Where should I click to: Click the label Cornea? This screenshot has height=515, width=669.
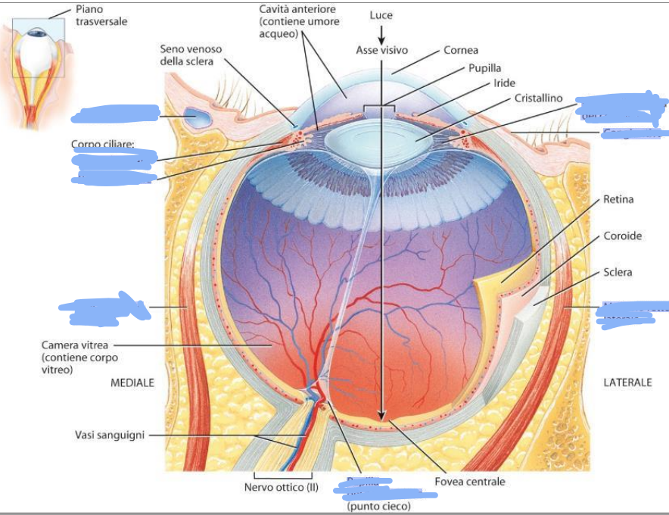tap(461, 51)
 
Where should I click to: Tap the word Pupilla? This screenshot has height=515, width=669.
tap(484, 68)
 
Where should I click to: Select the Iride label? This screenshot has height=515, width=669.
tap(504, 83)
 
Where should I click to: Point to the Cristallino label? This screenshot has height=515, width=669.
tap(539, 98)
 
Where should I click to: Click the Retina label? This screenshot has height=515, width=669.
tap(618, 200)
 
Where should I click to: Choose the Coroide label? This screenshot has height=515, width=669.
tap(622, 236)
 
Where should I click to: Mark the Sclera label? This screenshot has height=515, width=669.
tap(618, 272)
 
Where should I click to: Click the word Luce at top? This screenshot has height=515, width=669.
tap(381, 15)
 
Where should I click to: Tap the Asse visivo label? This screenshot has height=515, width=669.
tap(381, 50)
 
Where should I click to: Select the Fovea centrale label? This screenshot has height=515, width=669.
tap(469, 482)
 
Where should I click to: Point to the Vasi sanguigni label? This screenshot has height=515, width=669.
tap(109, 435)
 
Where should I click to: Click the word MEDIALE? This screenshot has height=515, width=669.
tap(132, 383)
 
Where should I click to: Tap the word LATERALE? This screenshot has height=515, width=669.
tap(627, 383)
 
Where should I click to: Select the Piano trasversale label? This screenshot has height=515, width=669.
tap(101, 15)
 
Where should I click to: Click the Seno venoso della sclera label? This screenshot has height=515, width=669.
tap(191, 55)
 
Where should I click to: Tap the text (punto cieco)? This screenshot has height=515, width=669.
tap(378, 506)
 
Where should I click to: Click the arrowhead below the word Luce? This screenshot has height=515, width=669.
tap(381, 39)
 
